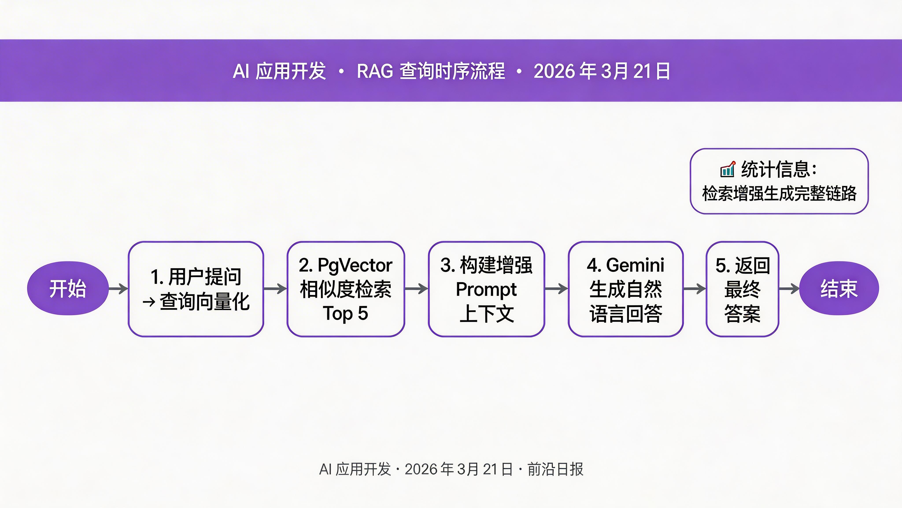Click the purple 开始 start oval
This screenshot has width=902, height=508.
pos(68,289)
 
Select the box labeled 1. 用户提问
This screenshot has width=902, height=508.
pos(196,289)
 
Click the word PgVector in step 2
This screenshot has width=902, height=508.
pos(355,265)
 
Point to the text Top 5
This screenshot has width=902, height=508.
pos(345,313)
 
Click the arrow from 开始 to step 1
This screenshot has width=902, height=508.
pos(118,289)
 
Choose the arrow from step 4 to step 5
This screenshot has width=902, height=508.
pos(694,289)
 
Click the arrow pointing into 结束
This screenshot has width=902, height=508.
pos(789,289)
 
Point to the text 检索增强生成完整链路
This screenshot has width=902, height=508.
pos(779,194)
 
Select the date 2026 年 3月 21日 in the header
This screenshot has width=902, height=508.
pos(602,71)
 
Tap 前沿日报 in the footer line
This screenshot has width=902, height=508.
pos(555,469)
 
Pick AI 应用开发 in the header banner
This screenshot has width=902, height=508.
pos(279,71)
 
